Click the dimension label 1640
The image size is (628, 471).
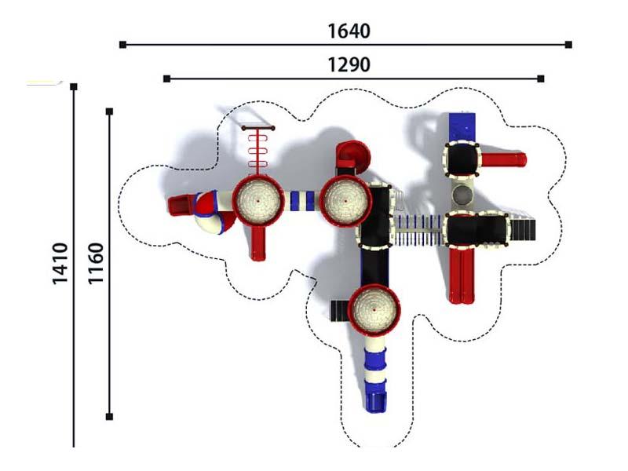[349, 31]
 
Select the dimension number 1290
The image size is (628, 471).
[349, 65]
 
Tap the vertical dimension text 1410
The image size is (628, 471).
[60, 264]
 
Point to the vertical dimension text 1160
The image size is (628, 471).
[96, 264]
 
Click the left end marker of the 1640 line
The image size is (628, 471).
[123, 45]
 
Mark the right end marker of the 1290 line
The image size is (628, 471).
[541, 78]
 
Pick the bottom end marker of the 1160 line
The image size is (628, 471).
[109, 417]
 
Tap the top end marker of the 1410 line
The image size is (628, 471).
[74, 86]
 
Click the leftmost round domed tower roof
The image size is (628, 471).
[259, 200]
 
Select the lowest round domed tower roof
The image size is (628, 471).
[374, 309]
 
